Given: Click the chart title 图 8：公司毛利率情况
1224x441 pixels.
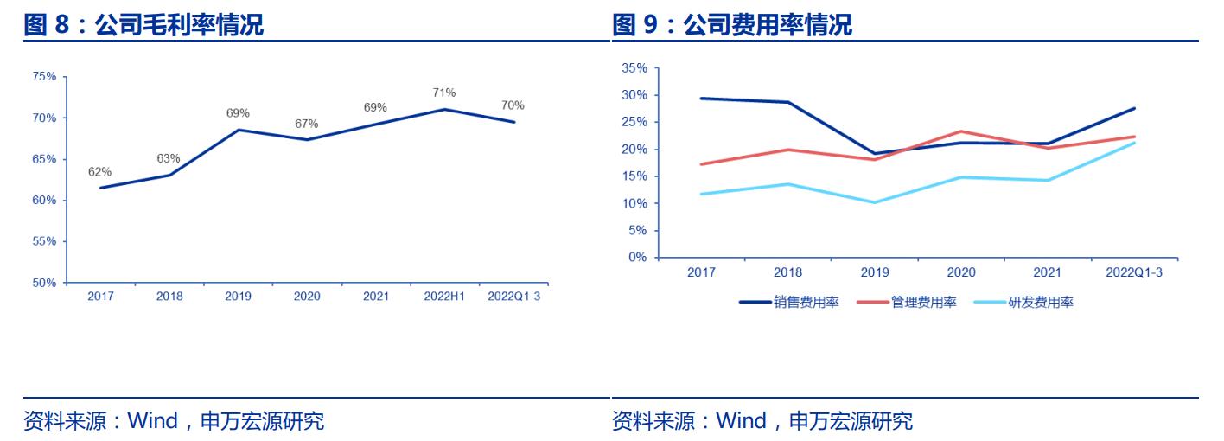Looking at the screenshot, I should (x=143, y=25).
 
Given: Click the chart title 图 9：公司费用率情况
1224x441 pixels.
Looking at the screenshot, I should (x=732, y=25).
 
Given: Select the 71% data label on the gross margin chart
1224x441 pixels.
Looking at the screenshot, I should (x=444, y=93).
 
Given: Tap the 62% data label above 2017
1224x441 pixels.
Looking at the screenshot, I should (x=99, y=171).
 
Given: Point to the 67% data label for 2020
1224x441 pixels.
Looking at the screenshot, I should (x=307, y=124).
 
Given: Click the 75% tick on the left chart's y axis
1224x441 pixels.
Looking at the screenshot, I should (x=44, y=77).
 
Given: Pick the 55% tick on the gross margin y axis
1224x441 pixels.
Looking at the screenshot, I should (x=44, y=241).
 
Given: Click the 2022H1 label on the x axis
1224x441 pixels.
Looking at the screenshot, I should (x=444, y=297).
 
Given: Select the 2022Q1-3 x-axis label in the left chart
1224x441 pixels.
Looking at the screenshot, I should (x=513, y=297).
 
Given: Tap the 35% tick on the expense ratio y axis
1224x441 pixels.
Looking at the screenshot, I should (x=634, y=68).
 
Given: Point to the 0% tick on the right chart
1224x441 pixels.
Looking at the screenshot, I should (x=637, y=258).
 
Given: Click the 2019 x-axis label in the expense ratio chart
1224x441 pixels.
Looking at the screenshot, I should (x=874, y=272).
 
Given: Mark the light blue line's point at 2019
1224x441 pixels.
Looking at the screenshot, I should (x=874, y=202).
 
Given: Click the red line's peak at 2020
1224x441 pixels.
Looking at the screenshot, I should (x=960, y=131).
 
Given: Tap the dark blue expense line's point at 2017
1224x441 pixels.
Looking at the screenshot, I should (x=701, y=99).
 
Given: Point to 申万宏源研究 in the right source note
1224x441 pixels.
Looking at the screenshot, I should (x=851, y=422).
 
